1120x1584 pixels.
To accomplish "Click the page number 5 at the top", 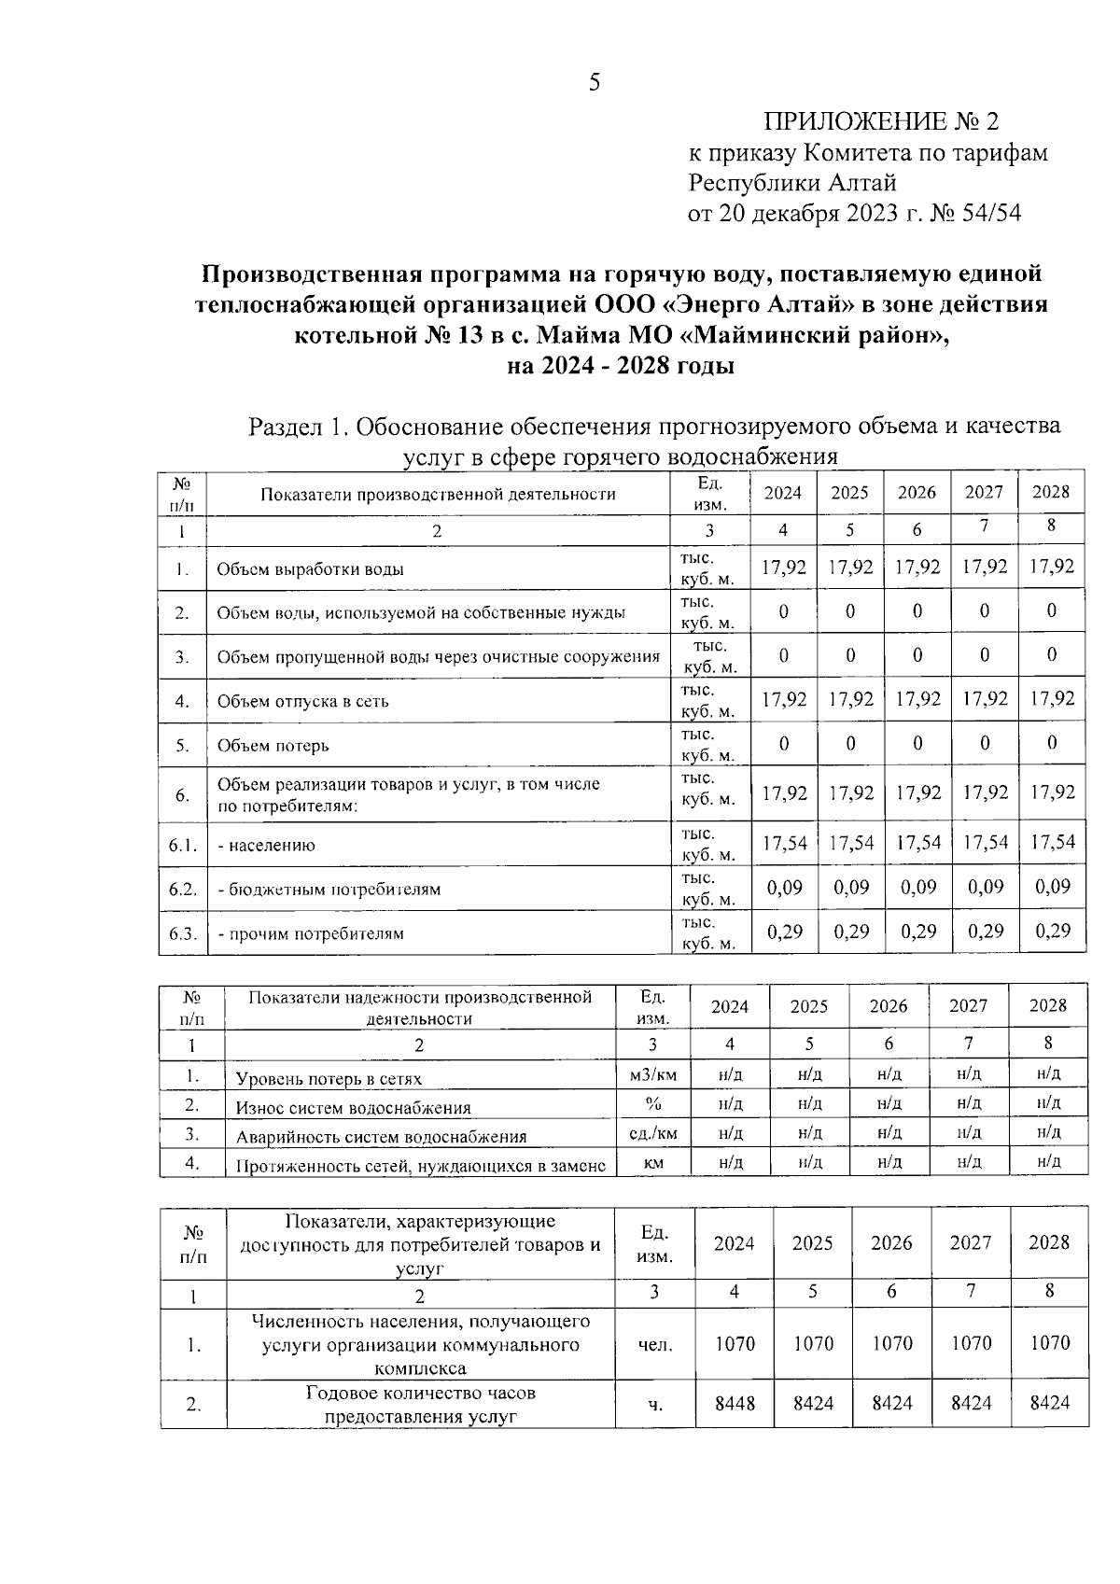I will tap(594, 84).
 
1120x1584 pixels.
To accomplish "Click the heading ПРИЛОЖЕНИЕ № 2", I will tap(881, 122).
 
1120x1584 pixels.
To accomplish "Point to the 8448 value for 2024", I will tap(735, 1402).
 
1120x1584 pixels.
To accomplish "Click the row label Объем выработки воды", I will tap(310, 569).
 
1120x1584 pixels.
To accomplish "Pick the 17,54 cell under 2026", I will tap(917, 843).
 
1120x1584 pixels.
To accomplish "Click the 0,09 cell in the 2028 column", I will tap(1052, 887).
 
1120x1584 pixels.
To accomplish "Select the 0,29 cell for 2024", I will tap(784, 931).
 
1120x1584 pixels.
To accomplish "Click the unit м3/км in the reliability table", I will tap(653, 1075).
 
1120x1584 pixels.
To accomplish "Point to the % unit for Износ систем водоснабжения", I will tap(653, 1104).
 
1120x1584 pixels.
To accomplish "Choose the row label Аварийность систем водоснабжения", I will tap(381, 1137).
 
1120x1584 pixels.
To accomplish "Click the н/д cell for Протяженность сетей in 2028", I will tap(1049, 1161).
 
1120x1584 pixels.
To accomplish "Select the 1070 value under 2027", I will tap(971, 1343).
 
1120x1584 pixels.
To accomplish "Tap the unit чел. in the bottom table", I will tap(654, 1345).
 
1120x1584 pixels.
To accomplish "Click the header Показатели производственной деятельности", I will tap(437, 494).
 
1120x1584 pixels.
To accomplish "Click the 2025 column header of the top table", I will tap(849, 493).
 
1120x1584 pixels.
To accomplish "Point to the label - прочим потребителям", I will tap(310, 933).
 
